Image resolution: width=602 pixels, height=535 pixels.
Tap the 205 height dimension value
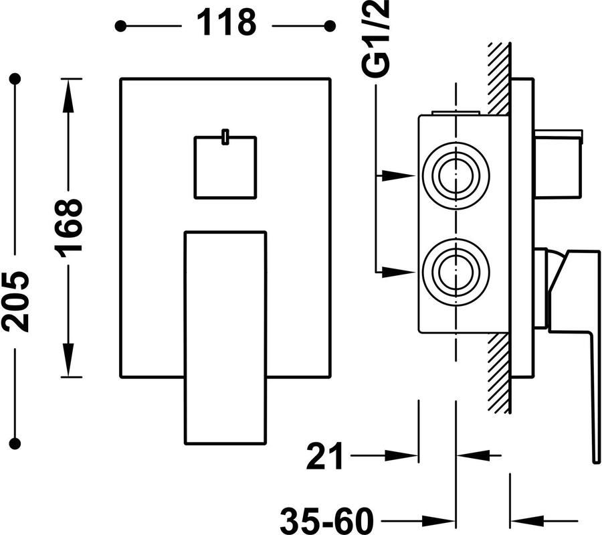(16, 301)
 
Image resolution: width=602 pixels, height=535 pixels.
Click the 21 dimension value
(325, 456)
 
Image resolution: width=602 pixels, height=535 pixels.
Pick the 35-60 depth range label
(326, 520)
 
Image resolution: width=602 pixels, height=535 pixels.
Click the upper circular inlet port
(456, 175)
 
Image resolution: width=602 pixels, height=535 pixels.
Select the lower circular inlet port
(456, 271)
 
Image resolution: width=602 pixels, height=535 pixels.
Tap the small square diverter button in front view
(225, 167)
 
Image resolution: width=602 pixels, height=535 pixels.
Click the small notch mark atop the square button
(225, 137)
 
